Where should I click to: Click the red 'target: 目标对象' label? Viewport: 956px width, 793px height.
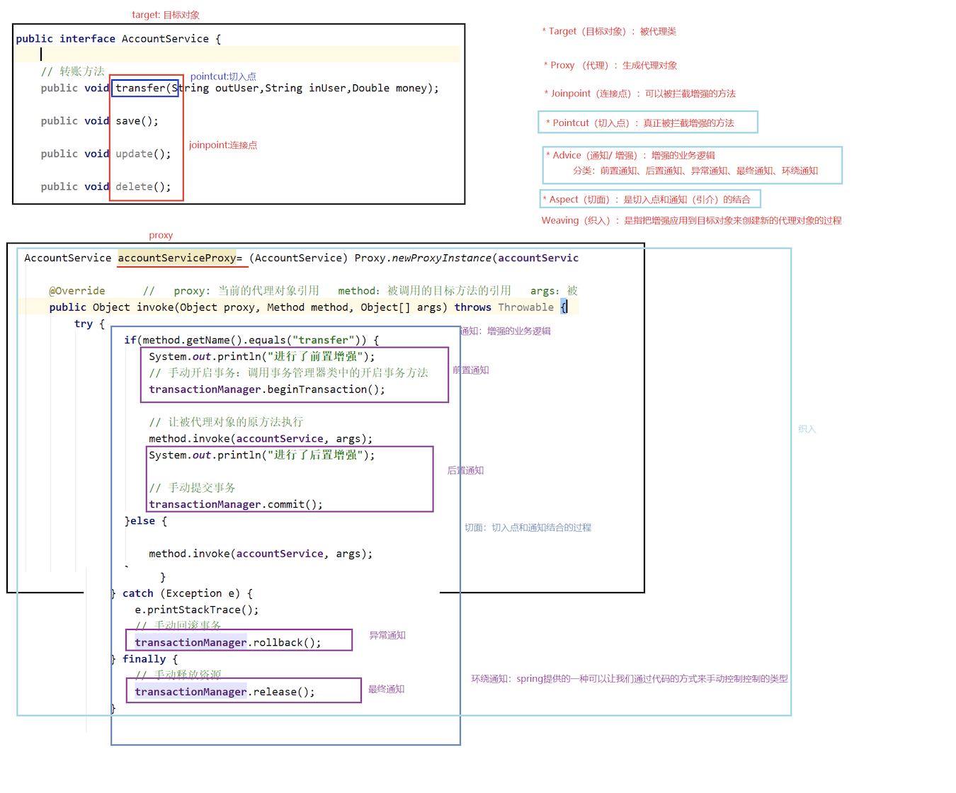[166, 15]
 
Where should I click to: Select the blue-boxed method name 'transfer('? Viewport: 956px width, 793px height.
[144, 88]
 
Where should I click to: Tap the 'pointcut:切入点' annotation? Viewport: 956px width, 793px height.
[223, 76]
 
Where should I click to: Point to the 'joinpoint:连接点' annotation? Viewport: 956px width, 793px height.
[223, 145]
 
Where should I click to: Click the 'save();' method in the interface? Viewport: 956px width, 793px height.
[137, 121]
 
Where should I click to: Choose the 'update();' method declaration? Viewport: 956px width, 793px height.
[143, 154]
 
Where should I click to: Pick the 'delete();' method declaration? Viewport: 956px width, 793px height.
[143, 187]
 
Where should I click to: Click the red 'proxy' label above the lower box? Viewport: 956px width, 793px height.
[161, 235]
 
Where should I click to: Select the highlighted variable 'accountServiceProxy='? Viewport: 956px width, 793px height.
[180, 258]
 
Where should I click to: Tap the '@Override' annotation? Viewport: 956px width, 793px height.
[77, 291]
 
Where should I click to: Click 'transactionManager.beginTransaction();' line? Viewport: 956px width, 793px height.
[267, 389]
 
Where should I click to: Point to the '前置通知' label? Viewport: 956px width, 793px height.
[471, 370]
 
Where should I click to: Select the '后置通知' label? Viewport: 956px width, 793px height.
[465, 471]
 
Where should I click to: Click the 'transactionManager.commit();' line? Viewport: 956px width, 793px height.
[236, 505]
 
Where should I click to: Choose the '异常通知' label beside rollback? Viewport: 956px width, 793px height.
[387, 636]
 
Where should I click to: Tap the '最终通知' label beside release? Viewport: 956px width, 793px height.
[386, 690]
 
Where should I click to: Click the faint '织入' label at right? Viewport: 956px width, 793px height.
[807, 429]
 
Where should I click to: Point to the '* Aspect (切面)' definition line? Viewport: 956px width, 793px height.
[646, 200]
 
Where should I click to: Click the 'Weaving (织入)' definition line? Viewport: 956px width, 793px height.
[691, 221]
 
